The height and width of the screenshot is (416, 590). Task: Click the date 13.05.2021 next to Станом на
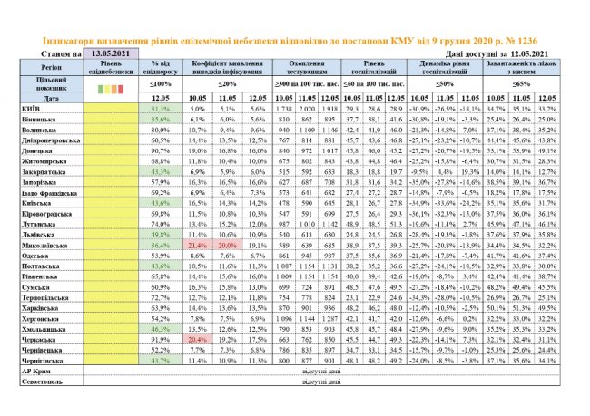click(x=112, y=54)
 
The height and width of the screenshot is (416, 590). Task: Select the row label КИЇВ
click(x=28, y=107)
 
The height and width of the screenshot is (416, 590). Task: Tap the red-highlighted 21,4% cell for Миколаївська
click(x=198, y=245)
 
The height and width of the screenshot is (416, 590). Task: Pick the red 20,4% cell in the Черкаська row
click(x=198, y=339)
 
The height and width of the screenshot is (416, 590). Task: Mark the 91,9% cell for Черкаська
click(x=161, y=339)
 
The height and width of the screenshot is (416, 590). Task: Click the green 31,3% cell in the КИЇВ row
click(x=161, y=107)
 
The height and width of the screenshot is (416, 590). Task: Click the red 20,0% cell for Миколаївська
click(x=228, y=245)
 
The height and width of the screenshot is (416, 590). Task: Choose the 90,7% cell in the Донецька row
click(x=161, y=150)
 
